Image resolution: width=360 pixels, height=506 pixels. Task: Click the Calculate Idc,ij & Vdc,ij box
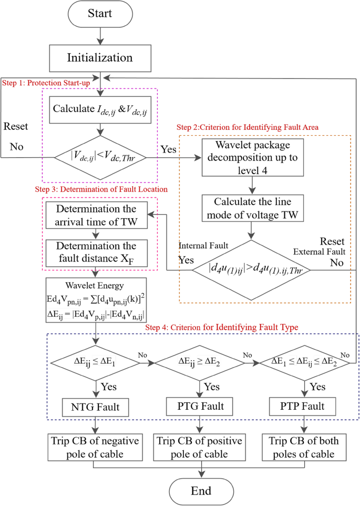[x=99, y=109]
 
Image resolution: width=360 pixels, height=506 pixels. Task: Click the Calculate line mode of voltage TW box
[x=253, y=208]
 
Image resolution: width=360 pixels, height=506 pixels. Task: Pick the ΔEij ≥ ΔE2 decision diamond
[x=200, y=362]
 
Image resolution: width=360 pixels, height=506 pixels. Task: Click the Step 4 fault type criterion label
[x=222, y=327]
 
